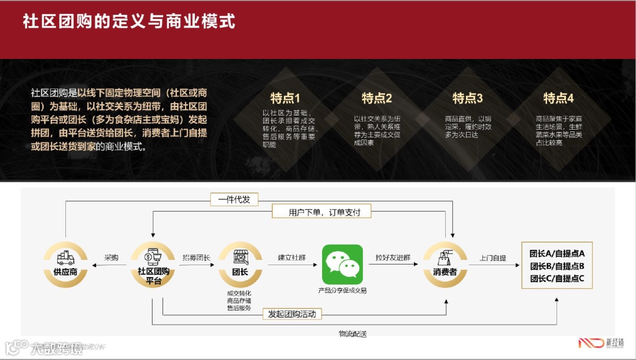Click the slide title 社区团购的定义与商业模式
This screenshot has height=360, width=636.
point(129,22)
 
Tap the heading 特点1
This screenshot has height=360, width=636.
point(285,98)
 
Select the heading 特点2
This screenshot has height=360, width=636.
point(377,98)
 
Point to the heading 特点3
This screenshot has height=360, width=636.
point(468,98)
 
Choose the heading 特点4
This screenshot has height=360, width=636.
point(558,98)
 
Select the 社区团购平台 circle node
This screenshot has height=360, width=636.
point(153,265)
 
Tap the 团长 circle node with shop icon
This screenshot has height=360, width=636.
point(240,265)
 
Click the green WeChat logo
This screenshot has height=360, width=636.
point(342,265)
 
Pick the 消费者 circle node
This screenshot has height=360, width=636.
point(445,265)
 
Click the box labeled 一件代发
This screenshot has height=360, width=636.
point(234,200)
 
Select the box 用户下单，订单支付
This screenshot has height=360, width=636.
point(324,212)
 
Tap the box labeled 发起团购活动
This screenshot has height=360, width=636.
point(292,314)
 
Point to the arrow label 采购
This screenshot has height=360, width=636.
point(111,257)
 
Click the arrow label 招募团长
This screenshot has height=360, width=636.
point(196,257)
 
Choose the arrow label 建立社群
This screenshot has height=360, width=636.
point(291,257)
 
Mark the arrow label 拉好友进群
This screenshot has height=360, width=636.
point(393,257)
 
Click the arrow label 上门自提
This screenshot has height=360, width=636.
point(492,257)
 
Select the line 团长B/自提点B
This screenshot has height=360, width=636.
point(556,266)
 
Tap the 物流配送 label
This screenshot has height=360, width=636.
point(353,334)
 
